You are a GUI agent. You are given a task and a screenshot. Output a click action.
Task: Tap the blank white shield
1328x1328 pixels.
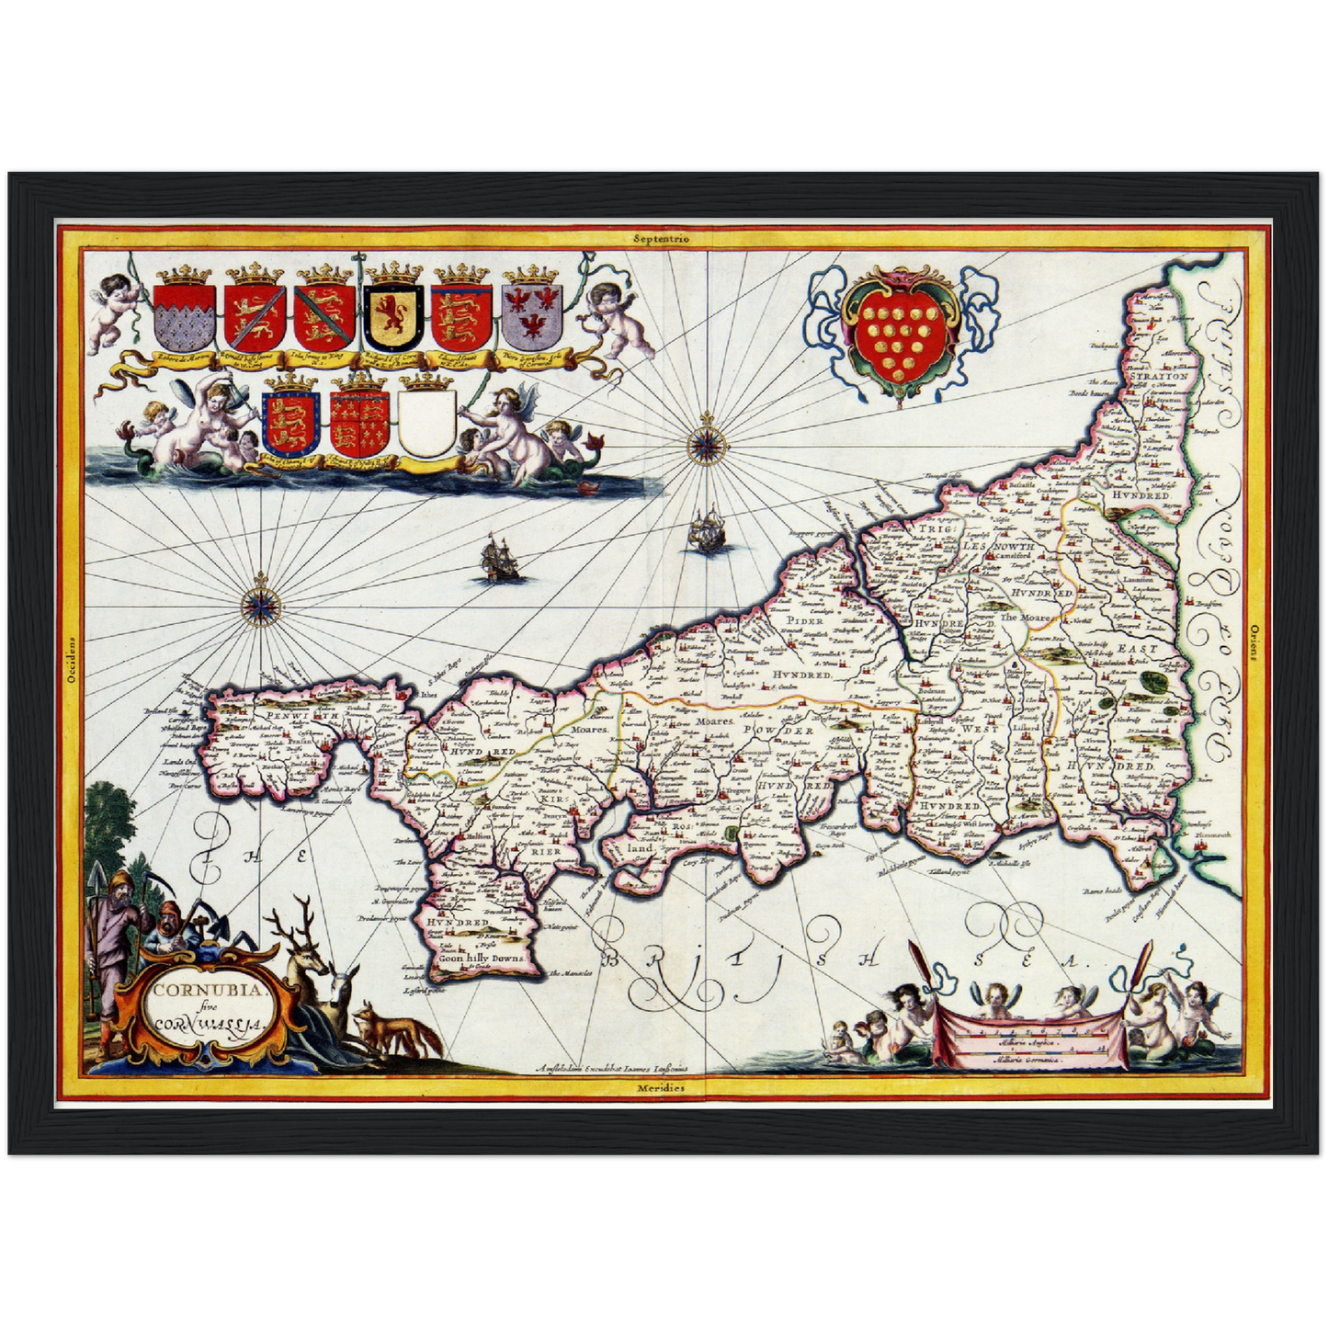[427, 423]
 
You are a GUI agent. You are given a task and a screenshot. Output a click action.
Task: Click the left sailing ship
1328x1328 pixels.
[497, 561]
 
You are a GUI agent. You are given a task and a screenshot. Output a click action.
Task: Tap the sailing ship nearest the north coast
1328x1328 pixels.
[706, 531]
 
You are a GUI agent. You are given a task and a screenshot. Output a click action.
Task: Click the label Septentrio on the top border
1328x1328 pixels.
[661, 238]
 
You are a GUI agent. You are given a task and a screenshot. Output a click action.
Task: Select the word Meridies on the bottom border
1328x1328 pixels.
[661, 1087]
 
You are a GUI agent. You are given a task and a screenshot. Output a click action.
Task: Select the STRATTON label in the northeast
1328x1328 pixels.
[1159, 376]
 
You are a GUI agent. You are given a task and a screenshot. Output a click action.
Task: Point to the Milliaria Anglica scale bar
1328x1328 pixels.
[1031, 1042]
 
